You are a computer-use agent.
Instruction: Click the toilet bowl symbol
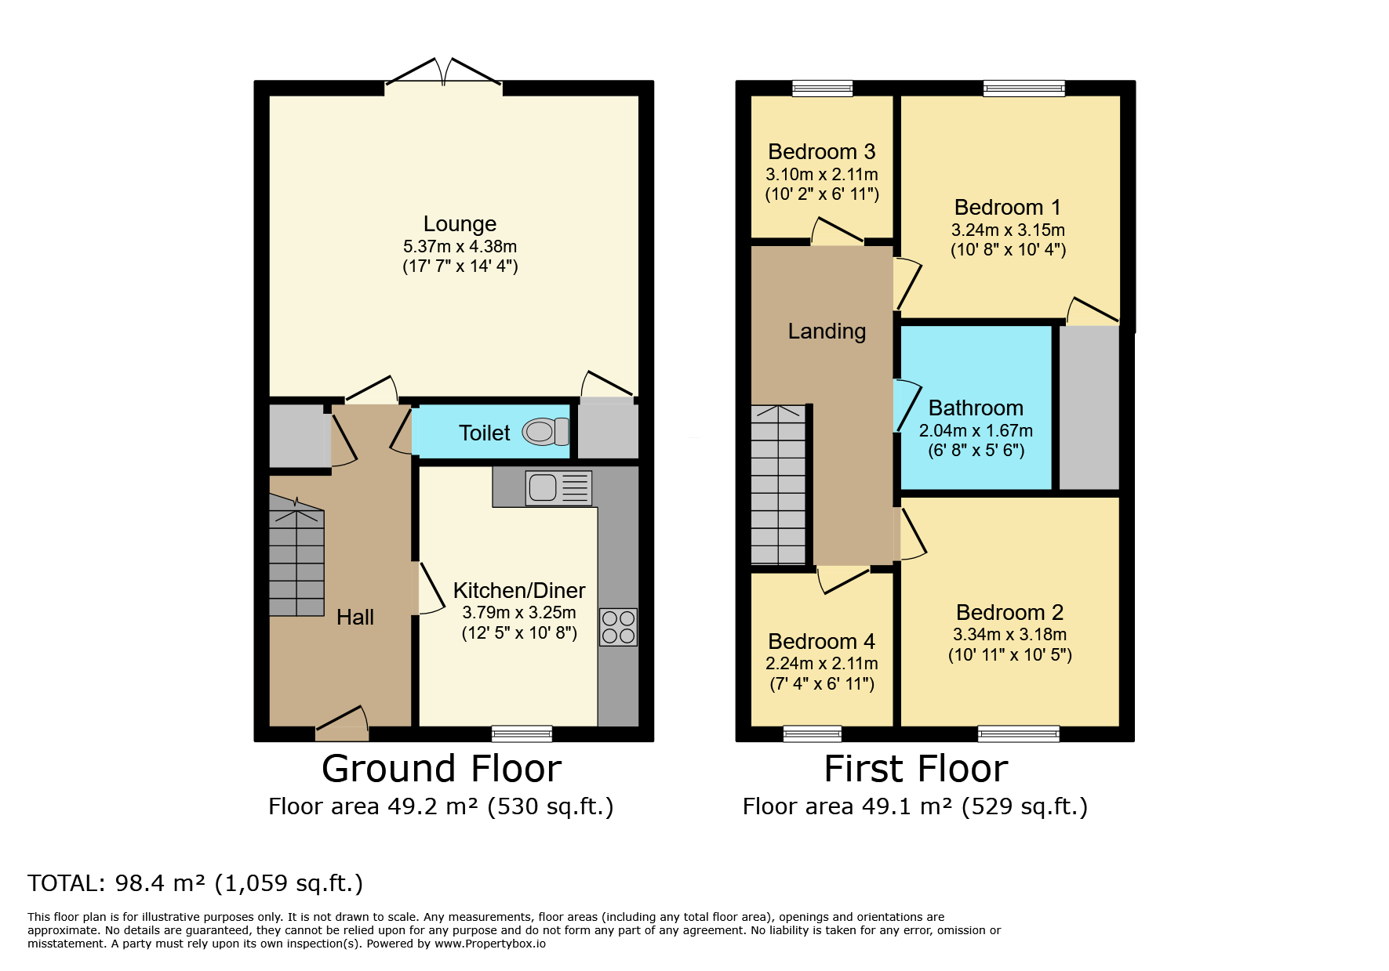(x=546, y=431)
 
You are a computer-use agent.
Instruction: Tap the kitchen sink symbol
(x=558, y=487)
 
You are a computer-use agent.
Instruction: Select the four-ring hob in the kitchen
(x=618, y=627)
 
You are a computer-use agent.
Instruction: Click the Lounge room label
(x=460, y=224)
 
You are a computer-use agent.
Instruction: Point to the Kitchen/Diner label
(x=519, y=590)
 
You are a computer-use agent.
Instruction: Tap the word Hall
(x=355, y=618)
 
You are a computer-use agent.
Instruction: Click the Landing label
(x=827, y=332)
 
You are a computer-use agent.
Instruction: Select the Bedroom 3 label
(x=821, y=151)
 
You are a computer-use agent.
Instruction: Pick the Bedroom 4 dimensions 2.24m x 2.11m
(x=821, y=663)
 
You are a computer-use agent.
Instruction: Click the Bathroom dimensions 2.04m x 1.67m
(x=976, y=430)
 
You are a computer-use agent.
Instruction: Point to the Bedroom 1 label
(x=1007, y=207)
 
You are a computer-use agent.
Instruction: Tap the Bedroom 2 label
(x=1009, y=612)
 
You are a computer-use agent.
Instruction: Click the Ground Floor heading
(x=442, y=769)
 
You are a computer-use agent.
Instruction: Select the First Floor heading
(x=916, y=769)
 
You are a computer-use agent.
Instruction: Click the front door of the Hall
(x=342, y=725)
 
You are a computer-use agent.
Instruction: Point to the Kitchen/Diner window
(x=522, y=734)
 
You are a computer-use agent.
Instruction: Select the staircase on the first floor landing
(x=779, y=484)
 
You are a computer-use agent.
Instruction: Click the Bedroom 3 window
(x=822, y=88)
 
